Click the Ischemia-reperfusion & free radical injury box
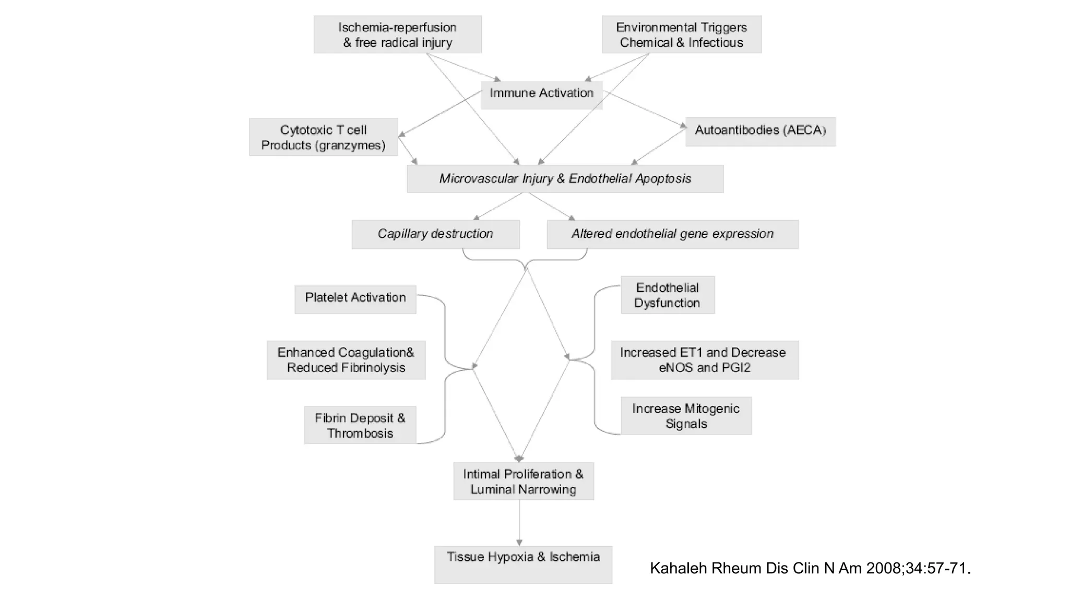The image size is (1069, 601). click(397, 34)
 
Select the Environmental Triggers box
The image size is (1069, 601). click(681, 34)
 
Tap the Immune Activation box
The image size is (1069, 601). click(541, 94)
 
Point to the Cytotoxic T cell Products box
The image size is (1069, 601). click(323, 137)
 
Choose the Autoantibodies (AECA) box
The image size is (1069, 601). click(760, 131)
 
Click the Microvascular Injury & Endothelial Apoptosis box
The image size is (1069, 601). click(565, 179)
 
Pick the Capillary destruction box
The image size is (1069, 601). click(435, 234)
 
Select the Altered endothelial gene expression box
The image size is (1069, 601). click(672, 234)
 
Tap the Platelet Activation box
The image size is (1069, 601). click(355, 299)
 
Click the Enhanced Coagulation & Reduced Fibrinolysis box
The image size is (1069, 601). click(346, 360)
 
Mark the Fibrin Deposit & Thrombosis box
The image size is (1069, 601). click(360, 425)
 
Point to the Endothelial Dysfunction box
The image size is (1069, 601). click(667, 295)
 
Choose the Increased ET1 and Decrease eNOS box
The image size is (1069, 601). click(705, 360)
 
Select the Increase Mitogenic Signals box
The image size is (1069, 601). click(686, 416)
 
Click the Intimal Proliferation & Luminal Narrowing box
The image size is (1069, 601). click(523, 481)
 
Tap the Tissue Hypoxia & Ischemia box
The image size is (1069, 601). click(523, 564)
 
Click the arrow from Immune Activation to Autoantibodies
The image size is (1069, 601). click(645, 109)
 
